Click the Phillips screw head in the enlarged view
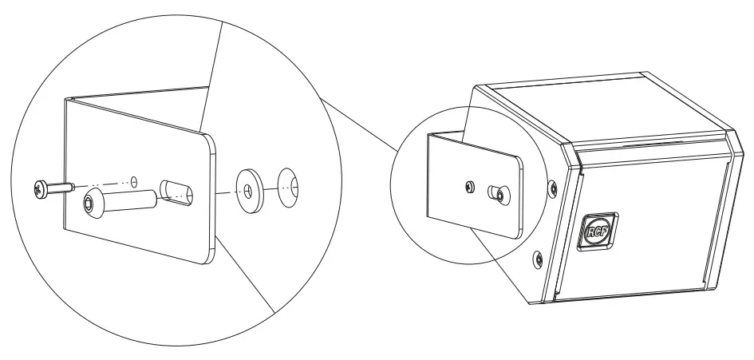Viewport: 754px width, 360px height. tap(40, 189)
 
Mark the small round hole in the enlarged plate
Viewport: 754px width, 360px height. tap(134, 180)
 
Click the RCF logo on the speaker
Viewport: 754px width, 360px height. tap(598, 232)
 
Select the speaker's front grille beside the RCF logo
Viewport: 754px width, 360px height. tap(662, 224)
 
